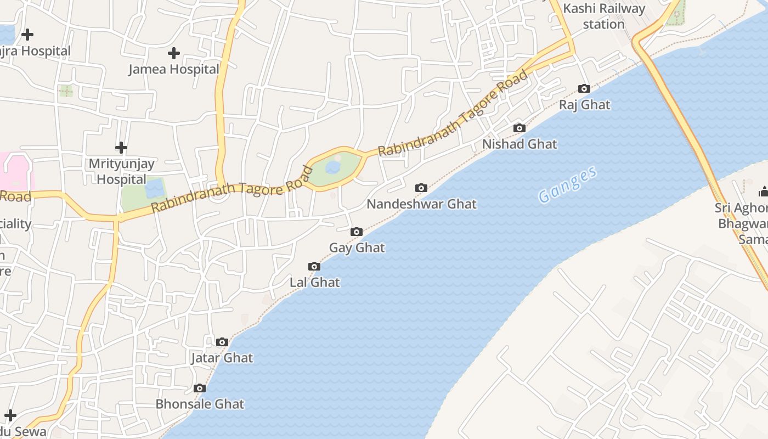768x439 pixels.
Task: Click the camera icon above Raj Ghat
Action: point(584,89)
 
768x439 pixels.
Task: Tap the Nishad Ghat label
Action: point(519,144)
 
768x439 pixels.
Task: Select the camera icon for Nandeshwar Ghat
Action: point(421,188)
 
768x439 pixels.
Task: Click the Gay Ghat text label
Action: point(357,248)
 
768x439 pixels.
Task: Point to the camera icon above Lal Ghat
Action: point(314,267)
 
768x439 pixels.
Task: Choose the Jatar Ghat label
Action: point(222,358)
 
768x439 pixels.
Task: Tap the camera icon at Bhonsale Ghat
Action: point(200,389)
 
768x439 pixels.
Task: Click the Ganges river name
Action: point(567,185)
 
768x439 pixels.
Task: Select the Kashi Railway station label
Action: point(604,16)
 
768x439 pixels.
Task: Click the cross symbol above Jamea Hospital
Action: point(174,53)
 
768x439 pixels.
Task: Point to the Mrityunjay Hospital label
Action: point(121,171)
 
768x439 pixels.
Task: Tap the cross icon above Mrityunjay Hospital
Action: point(121,148)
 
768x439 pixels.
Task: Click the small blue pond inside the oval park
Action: point(333,167)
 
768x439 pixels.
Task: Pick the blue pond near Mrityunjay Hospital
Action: point(155,188)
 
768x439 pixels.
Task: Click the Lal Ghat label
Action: point(315,283)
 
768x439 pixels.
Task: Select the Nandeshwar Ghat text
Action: point(421,204)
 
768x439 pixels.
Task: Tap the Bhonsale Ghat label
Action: point(200,404)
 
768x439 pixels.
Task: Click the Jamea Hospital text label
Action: point(174,70)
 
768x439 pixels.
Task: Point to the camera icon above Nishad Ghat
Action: point(519,128)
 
